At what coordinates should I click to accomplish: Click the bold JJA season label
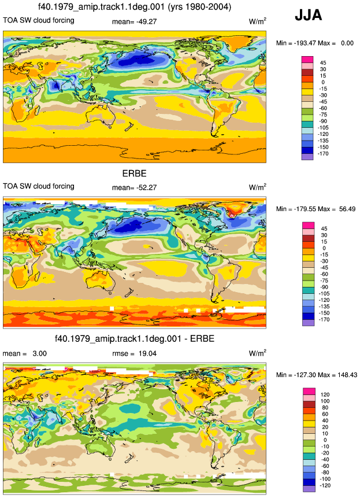coord(309,15)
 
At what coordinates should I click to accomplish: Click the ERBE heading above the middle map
coord(135,174)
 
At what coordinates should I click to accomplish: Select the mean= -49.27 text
coord(135,22)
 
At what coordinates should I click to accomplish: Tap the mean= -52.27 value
coord(135,188)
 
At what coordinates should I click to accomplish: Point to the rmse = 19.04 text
coord(135,353)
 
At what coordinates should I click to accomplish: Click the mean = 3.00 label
coord(25,353)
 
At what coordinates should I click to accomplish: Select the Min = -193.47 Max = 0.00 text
coord(315,43)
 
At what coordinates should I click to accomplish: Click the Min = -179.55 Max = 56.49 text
coord(316,209)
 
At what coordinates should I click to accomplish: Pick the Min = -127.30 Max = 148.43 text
coord(317,375)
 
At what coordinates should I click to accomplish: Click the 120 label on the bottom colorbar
coord(325,394)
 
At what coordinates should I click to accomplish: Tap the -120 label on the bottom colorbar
coord(324,485)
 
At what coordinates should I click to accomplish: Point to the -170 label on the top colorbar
coord(324,153)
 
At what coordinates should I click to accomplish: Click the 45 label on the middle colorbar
coord(324,228)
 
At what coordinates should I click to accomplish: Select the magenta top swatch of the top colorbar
coord(307,60)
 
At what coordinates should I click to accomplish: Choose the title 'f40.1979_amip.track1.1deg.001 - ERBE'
coord(135,338)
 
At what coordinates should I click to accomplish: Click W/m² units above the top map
coord(258,21)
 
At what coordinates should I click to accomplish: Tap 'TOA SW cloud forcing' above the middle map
coord(39,186)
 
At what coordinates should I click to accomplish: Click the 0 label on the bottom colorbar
coord(325,440)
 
